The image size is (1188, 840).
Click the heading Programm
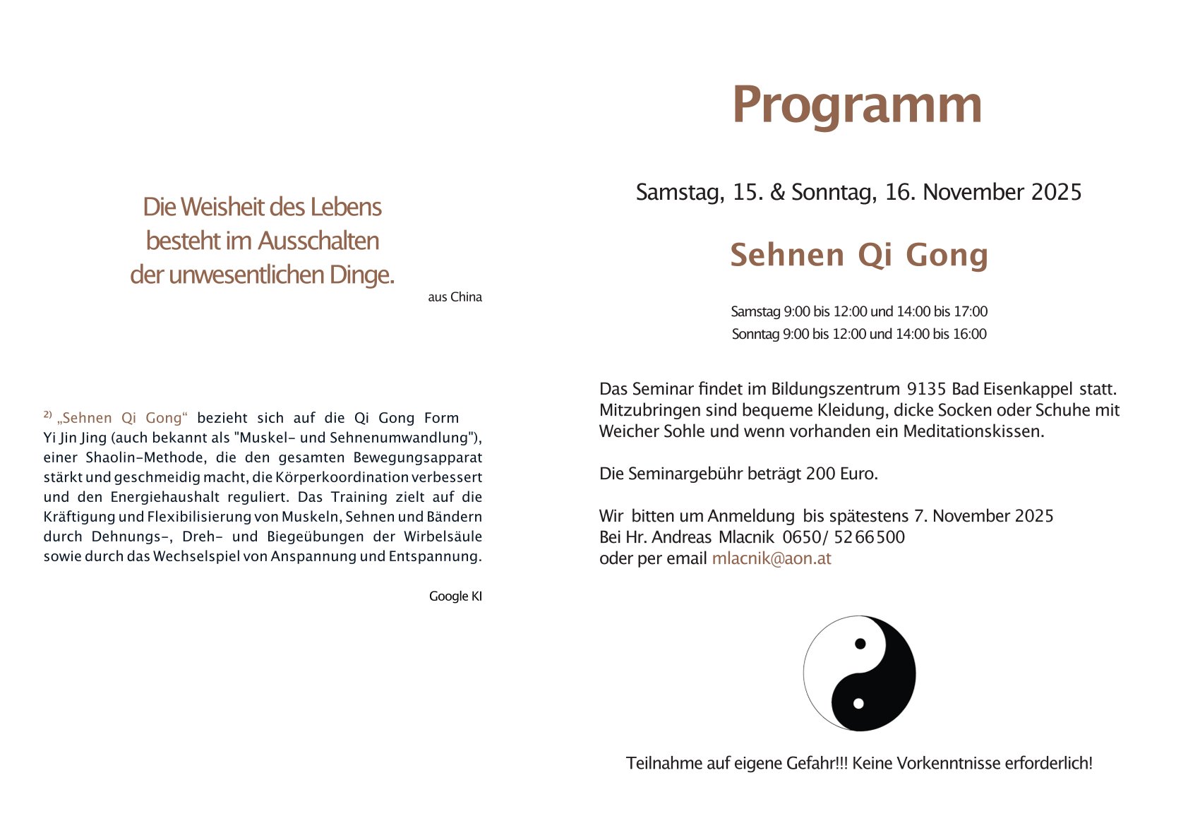856,105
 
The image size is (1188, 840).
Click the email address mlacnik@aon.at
771,558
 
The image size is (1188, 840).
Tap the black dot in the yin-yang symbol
860,643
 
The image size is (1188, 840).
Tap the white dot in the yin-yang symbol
858,703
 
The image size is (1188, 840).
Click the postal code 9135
926,389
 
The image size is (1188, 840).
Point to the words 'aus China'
455,297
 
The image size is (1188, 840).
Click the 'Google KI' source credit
455,596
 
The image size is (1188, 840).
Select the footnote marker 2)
48,414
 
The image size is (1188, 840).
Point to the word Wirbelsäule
443,536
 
